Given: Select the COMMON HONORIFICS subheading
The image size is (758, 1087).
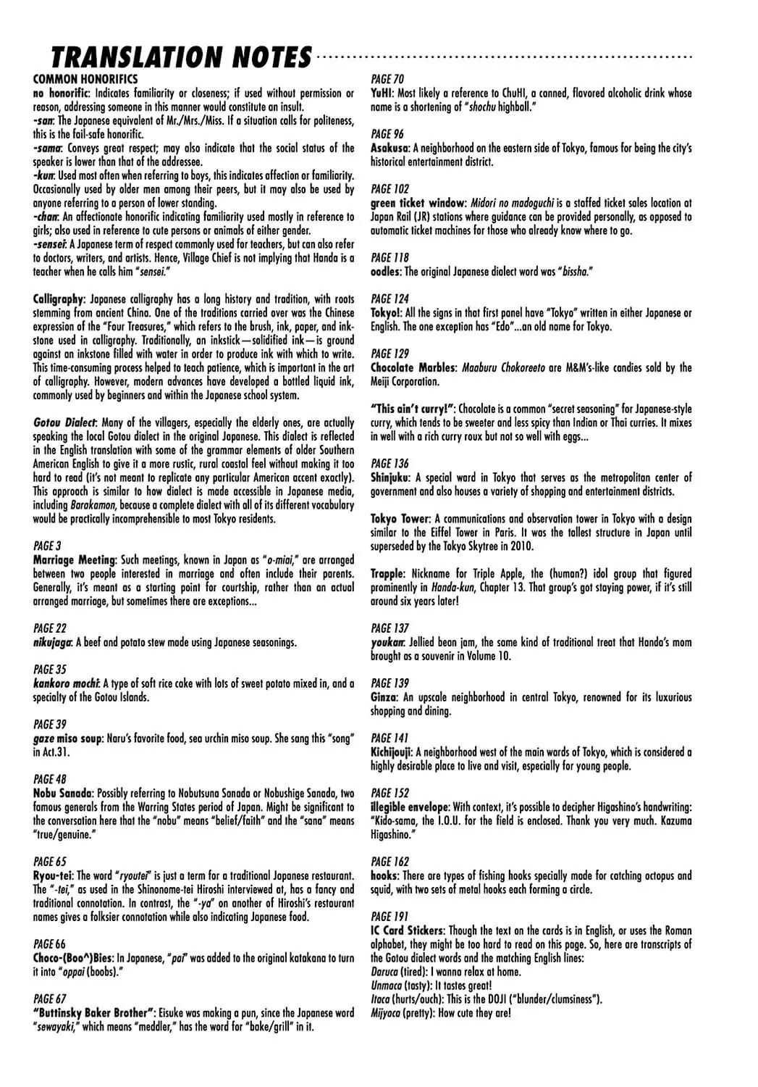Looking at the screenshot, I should (85, 79).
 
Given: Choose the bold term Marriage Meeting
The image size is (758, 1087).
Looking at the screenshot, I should (74, 560).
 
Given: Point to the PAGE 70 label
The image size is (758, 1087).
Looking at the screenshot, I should (387, 79).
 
